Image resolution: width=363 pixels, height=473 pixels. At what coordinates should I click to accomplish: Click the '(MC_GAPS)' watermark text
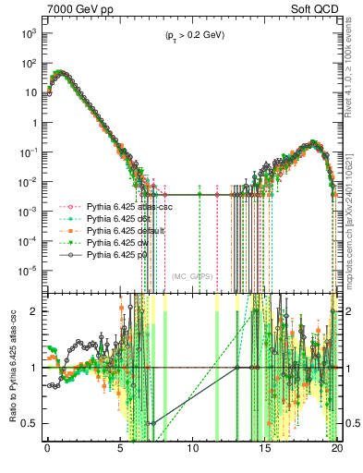point(192,276)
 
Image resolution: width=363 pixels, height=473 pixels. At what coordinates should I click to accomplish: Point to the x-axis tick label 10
point(192,455)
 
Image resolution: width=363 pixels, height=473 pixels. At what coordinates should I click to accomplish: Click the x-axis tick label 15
point(265,455)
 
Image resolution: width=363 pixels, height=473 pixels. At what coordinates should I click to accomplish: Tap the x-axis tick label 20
point(337,455)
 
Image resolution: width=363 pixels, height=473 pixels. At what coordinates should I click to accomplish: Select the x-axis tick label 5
point(120,455)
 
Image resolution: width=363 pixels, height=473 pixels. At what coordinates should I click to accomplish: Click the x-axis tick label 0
point(47,455)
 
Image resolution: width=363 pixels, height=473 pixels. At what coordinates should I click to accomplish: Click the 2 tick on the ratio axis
point(33,310)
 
